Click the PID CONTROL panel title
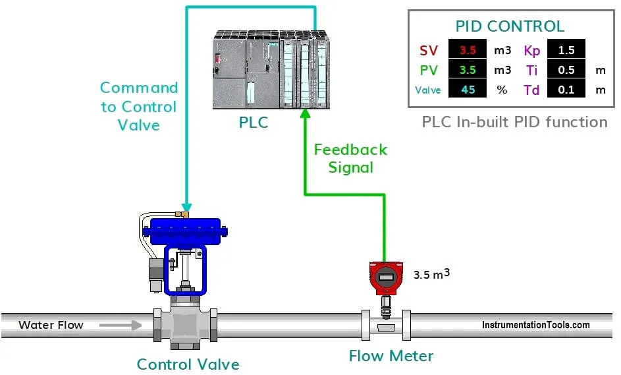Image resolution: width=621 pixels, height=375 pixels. tap(510, 26)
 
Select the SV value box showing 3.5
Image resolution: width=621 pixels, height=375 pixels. tap(468, 49)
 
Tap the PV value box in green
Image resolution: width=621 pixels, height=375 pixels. tap(468, 70)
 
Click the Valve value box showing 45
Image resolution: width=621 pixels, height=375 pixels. tap(468, 90)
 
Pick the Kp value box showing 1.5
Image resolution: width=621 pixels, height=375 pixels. tap(566, 49)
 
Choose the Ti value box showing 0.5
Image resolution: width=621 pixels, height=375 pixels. tap(566, 70)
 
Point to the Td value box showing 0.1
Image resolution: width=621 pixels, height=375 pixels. tap(566, 90)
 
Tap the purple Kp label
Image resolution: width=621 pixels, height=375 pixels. tap(532, 50)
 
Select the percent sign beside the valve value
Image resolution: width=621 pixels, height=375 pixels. tap(502, 90)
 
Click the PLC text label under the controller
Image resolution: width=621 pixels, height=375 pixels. tap(254, 123)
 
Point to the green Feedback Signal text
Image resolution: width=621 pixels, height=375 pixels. tap(350, 158)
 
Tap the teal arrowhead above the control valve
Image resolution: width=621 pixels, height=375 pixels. tap(186, 206)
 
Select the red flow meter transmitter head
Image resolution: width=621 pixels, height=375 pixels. tap(385, 277)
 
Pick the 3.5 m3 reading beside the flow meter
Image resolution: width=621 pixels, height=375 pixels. tap(431, 274)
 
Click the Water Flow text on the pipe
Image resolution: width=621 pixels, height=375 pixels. tap(51, 324)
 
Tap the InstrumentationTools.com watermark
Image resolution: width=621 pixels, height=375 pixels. tap(536, 325)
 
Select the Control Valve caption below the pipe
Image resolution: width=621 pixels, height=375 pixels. tap(188, 364)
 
